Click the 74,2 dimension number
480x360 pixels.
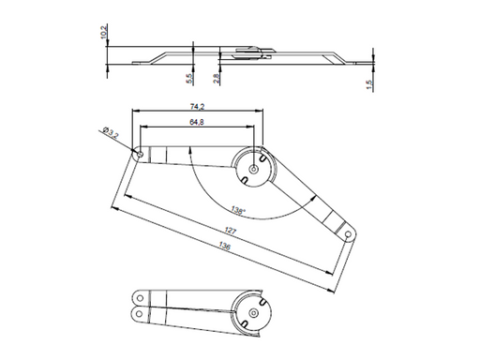point(198,107)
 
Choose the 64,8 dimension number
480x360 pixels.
point(198,123)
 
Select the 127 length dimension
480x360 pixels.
point(231,231)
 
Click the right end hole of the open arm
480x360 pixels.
point(348,232)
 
